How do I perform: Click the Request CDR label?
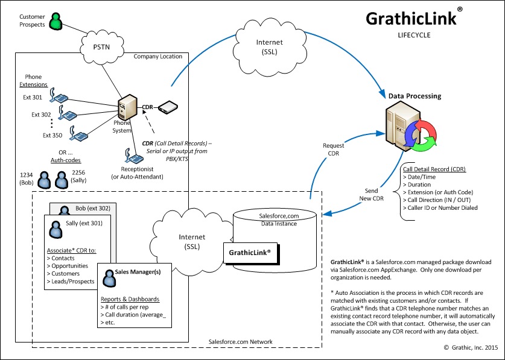333,150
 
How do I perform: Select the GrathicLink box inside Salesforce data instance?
250,252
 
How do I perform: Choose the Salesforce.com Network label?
240,342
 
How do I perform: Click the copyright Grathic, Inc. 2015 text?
470,349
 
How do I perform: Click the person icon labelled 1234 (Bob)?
45,180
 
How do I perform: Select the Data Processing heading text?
414,96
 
